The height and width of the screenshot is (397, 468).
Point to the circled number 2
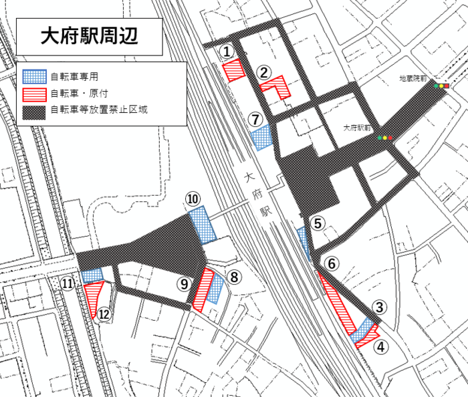(x=264, y=72)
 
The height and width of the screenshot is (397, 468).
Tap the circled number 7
(x=255, y=119)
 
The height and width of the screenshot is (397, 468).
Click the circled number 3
(x=379, y=307)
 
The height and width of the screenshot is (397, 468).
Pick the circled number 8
(x=233, y=275)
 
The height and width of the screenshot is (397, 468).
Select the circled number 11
(x=67, y=283)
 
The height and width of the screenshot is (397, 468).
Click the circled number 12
(x=104, y=313)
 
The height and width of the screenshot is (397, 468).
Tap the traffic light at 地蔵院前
(x=441, y=86)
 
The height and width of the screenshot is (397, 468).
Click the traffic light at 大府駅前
(x=384, y=138)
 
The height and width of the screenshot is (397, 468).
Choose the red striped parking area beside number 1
(x=233, y=70)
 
